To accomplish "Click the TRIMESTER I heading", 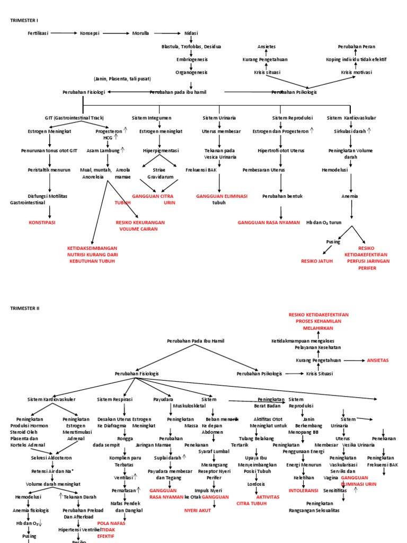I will (24, 20).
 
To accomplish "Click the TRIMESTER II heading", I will (25, 308).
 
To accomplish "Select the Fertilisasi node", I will (38, 33).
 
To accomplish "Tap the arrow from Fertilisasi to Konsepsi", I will (64, 33).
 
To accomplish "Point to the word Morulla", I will (140, 33).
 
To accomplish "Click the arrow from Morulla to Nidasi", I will (166, 33).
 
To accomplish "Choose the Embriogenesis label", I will (191, 59).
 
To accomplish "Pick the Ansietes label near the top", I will (267, 47).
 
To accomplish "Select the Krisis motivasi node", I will (356, 72).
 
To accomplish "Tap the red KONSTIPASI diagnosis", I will (43, 223).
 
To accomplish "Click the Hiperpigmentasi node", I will (161, 150).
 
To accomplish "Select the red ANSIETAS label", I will (378, 360).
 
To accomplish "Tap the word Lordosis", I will (256, 484).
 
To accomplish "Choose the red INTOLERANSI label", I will (303, 491).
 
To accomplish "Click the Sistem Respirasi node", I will (115, 399).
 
